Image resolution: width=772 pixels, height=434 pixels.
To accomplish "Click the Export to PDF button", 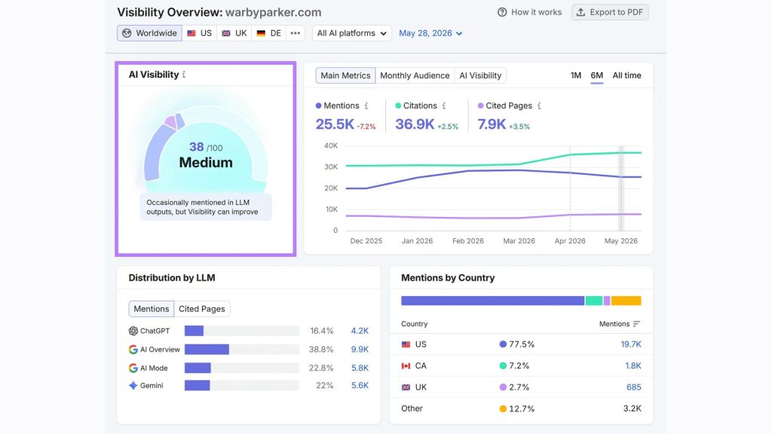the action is tap(609, 12).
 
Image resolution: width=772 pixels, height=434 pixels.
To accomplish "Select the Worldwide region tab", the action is tap(150, 33).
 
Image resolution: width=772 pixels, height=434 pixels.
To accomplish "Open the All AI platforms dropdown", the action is tap(351, 33).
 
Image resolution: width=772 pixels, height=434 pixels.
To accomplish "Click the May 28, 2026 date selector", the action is tap(430, 33).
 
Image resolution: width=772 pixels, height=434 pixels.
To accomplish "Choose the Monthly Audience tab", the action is tap(415, 75).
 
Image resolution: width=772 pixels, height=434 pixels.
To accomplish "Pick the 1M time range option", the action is tap(575, 75).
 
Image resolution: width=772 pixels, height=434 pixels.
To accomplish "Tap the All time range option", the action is tap(626, 75).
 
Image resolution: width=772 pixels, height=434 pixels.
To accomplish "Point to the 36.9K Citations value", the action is tap(415, 124).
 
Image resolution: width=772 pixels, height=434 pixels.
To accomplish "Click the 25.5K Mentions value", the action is tap(335, 124).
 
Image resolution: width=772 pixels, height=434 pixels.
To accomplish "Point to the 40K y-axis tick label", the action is tap(331, 145).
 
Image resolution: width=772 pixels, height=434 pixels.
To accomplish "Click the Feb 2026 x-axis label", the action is tap(467, 240).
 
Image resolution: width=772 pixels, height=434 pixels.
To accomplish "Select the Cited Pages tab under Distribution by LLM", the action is tap(202, 308).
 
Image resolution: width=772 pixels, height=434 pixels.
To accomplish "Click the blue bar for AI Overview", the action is tap(207, 350).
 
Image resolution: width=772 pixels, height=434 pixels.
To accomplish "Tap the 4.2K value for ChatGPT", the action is tap(360, 331).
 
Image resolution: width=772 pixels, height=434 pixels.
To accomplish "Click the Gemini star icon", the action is tap(133, 385).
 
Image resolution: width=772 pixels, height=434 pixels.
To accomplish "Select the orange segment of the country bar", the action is tap(626, 301).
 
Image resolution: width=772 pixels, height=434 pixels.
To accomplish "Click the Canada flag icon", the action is tap(406, 365).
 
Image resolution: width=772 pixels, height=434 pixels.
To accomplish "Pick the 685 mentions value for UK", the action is tap(633, 387).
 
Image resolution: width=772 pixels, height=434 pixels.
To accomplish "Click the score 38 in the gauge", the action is tap(197, 147).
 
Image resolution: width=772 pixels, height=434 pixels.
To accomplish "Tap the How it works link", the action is tap(529, 12).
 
